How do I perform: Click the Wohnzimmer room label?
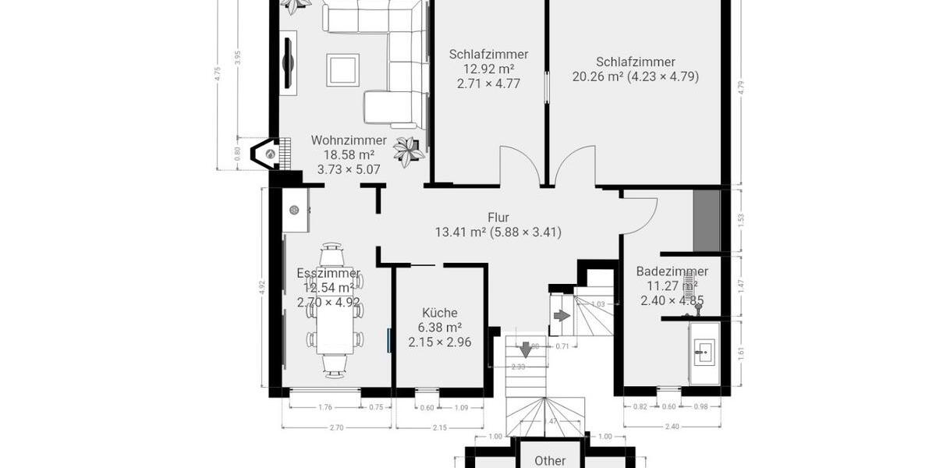point(349,140)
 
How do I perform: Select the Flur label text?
point(498,218)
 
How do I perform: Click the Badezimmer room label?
point(672,271)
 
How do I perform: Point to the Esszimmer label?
point(328,274)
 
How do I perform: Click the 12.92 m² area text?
point(488,69)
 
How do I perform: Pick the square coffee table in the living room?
point(342,69)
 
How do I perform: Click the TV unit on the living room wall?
point(289,62)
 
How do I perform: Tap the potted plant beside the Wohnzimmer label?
point(408,150)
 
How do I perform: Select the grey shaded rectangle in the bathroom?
point(707,220)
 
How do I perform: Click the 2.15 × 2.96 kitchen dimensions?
point(439,342)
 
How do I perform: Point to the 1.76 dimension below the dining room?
point(324,406)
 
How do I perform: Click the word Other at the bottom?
point(550,461)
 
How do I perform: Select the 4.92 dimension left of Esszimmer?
point(263,286)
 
